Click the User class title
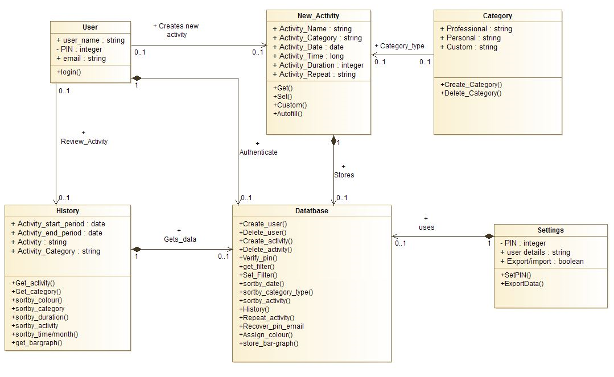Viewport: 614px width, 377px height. coord(90,27)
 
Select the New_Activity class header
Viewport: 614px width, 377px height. coord(318,16)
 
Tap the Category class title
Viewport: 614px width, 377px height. coord(497,16)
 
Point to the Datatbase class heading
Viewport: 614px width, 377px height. coord(312,210)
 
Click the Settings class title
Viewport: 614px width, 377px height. coord(551,230)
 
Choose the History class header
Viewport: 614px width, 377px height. coord(67,210)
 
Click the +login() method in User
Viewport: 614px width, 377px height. coord(69,72)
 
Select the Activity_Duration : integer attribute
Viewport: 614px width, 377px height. coord(318,65)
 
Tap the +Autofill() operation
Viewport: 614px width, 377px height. coord(288,114)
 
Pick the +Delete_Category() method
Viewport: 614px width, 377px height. coord(471,93)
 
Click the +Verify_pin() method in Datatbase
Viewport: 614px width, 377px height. coord(258,258)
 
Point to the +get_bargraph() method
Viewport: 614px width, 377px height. coord(37,343)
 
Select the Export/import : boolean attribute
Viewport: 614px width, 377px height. coord(542,262)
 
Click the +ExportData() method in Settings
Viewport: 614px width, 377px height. coord(522,284)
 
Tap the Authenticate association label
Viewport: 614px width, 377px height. coord(258,152)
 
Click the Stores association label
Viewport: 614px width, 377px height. coord(344,175)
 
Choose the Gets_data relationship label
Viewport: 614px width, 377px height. coord(180,239)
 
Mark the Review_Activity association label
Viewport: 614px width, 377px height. coord(84,142)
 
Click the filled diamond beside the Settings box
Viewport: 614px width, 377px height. coord(489,236)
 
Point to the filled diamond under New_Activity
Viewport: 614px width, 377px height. coord(333,140)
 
